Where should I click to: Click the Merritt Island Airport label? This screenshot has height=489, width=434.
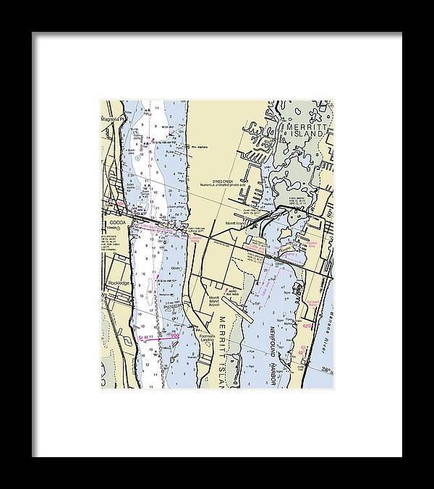(x=213, y=302)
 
